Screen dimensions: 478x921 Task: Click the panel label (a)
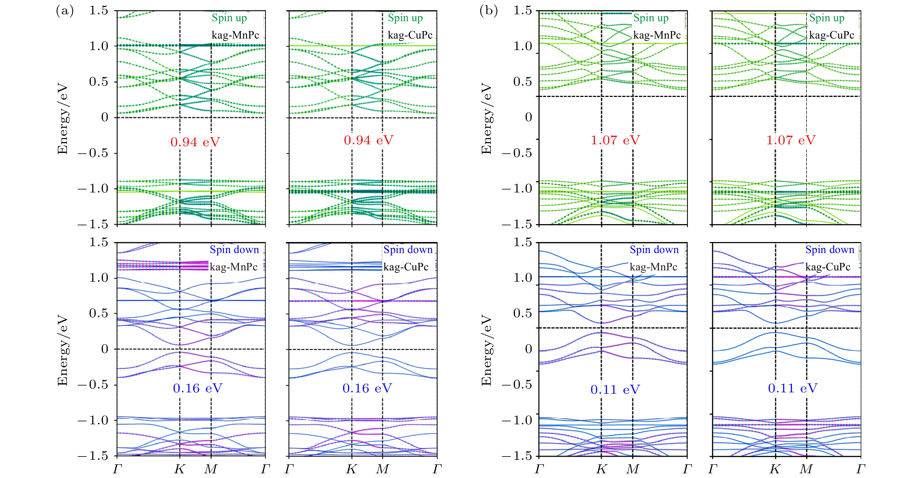click(65, 11)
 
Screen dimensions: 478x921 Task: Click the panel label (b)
click(488, 11)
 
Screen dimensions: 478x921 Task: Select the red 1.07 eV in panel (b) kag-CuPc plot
click(791, 140)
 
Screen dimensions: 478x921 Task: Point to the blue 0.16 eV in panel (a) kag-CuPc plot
click(367, 388)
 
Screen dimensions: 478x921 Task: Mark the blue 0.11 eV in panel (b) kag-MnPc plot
click(615, 390)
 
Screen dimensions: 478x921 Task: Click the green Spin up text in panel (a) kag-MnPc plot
click(229, 18)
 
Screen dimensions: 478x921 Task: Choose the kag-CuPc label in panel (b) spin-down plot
click(828, 267)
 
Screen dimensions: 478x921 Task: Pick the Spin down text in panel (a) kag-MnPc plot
click(234, 249)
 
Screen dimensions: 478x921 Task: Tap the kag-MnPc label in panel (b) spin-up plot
click(657, 35)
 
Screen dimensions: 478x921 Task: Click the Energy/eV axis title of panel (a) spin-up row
click(62, 119)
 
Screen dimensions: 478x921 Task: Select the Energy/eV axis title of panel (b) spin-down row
click(487, 350)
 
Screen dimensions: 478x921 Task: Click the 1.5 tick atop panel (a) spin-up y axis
click(98, 11)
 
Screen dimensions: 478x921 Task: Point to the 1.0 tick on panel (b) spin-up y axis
click(522, 46)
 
